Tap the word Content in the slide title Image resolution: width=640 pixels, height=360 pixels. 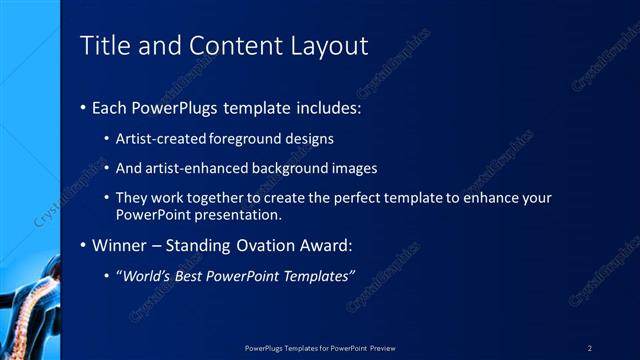click(x=221, y=46)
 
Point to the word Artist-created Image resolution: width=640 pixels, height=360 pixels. click(x=161, y=139)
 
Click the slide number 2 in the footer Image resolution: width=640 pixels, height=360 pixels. click(x=590, y=347)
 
